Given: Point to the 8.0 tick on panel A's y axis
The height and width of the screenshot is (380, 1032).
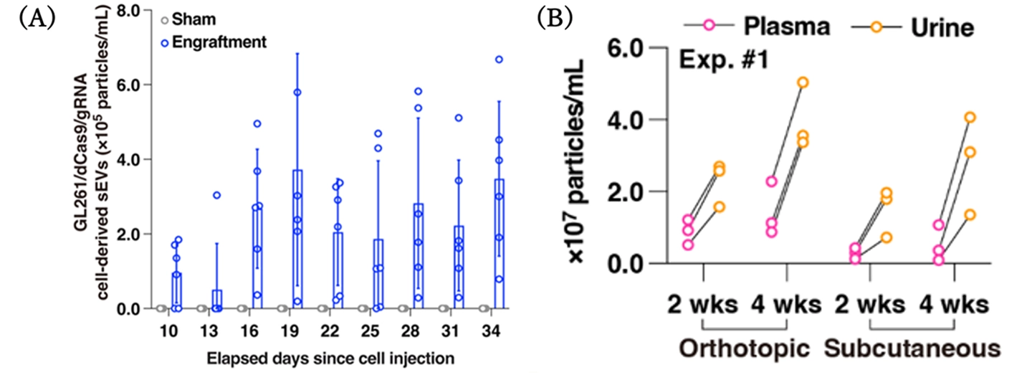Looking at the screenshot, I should (136, 10).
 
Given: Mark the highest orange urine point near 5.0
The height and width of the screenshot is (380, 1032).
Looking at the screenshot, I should (803, 82).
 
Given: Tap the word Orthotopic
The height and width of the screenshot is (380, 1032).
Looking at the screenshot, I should (745, 349).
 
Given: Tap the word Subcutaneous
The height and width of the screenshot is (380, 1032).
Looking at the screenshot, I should (912, 349).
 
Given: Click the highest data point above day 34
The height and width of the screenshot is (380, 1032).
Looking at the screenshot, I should (500, 60).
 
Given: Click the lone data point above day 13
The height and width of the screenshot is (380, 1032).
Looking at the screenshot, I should (216, 195).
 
